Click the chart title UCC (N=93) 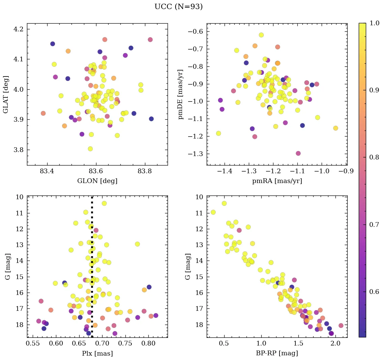point(178,7)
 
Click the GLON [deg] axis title point(97,181)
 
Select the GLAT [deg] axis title point(6,94)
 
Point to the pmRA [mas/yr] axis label point(277,181)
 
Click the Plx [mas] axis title point(97,354)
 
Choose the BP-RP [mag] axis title point(277,354)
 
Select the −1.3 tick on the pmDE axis point(196,154)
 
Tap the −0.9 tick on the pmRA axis point(346,172)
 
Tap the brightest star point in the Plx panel point(104,203)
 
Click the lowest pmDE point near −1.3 point(298,153)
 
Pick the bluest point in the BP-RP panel point(213,212)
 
